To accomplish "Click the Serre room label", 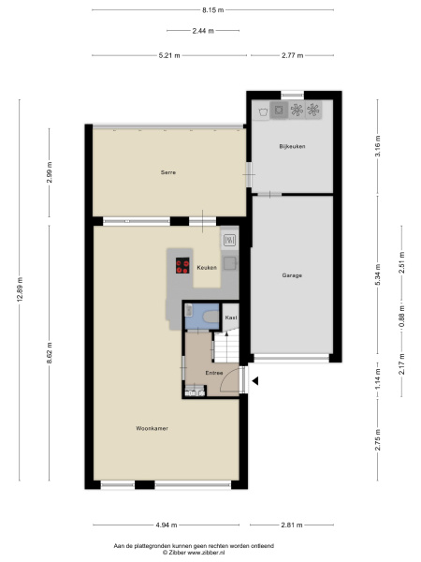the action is pyautogui.click(x=167, y=172).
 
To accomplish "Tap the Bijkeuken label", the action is pyautogui.click(x=292, y=146).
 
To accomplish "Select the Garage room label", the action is pyautogui.click(x=292, y=275).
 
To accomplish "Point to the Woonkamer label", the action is pyautogui.click(x=152, y=428).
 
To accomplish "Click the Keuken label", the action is pyautogui.click(x=207, y=267).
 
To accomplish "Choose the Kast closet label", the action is pyautogui.click(x=231, y=318).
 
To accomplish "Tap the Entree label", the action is pyautogui.click(x=214, y=373).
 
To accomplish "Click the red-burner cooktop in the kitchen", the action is pyautogui.click(x=182, y=266).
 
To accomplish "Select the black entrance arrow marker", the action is pyautogui.click(x=254, y=381).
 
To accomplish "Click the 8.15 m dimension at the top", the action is pyautogui.click(x=212, y=10).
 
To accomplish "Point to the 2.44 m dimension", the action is pyautogui.click(x=203, y=31).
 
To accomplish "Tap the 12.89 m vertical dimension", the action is pyautogui.click(x=20, y=289).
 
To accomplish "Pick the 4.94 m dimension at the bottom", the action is pyautogui.click(x=167, y=525).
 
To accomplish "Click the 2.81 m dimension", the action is pyautogui.click(x=292, y=525).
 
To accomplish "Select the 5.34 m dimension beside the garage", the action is pyautogui.click(x=378, y=274).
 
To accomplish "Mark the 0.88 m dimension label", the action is pyautogui.click(x=402, y=317).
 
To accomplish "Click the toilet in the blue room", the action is pyautogui.click(x=210, y=317).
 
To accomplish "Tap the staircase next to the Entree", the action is pyautogui.click(x=226, y=347).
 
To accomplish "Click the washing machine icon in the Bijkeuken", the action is pyautogui.click(x=279, y=110).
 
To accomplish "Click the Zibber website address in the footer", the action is pyautogui.click(x=206, y=553).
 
